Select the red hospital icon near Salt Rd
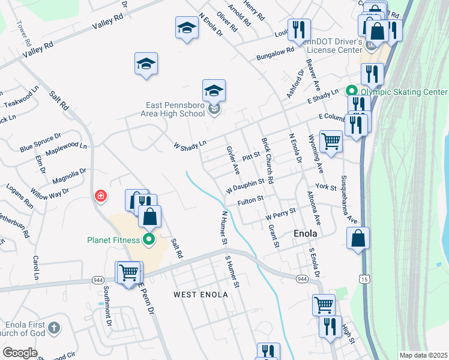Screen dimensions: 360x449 tap(101, 196)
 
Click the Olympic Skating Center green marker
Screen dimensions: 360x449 tap(351, 92)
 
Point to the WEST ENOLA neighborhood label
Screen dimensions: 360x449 tap(201, 295)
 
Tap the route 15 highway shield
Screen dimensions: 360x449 tap(364, 278)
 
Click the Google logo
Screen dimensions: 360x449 tap(20, 353)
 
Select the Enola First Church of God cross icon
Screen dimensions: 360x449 tap(54, 328)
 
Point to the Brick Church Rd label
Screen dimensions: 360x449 tap(267, 161)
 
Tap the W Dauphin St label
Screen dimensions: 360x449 tap(245, 185)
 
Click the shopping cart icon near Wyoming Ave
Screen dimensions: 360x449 tap(331, 142)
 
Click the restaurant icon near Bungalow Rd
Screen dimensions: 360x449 tap(298, 29)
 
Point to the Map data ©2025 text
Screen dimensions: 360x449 tap(423, 355)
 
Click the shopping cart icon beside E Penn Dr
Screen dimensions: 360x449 tap(130, 272)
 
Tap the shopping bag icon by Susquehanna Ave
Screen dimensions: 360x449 tap(358, 238)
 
